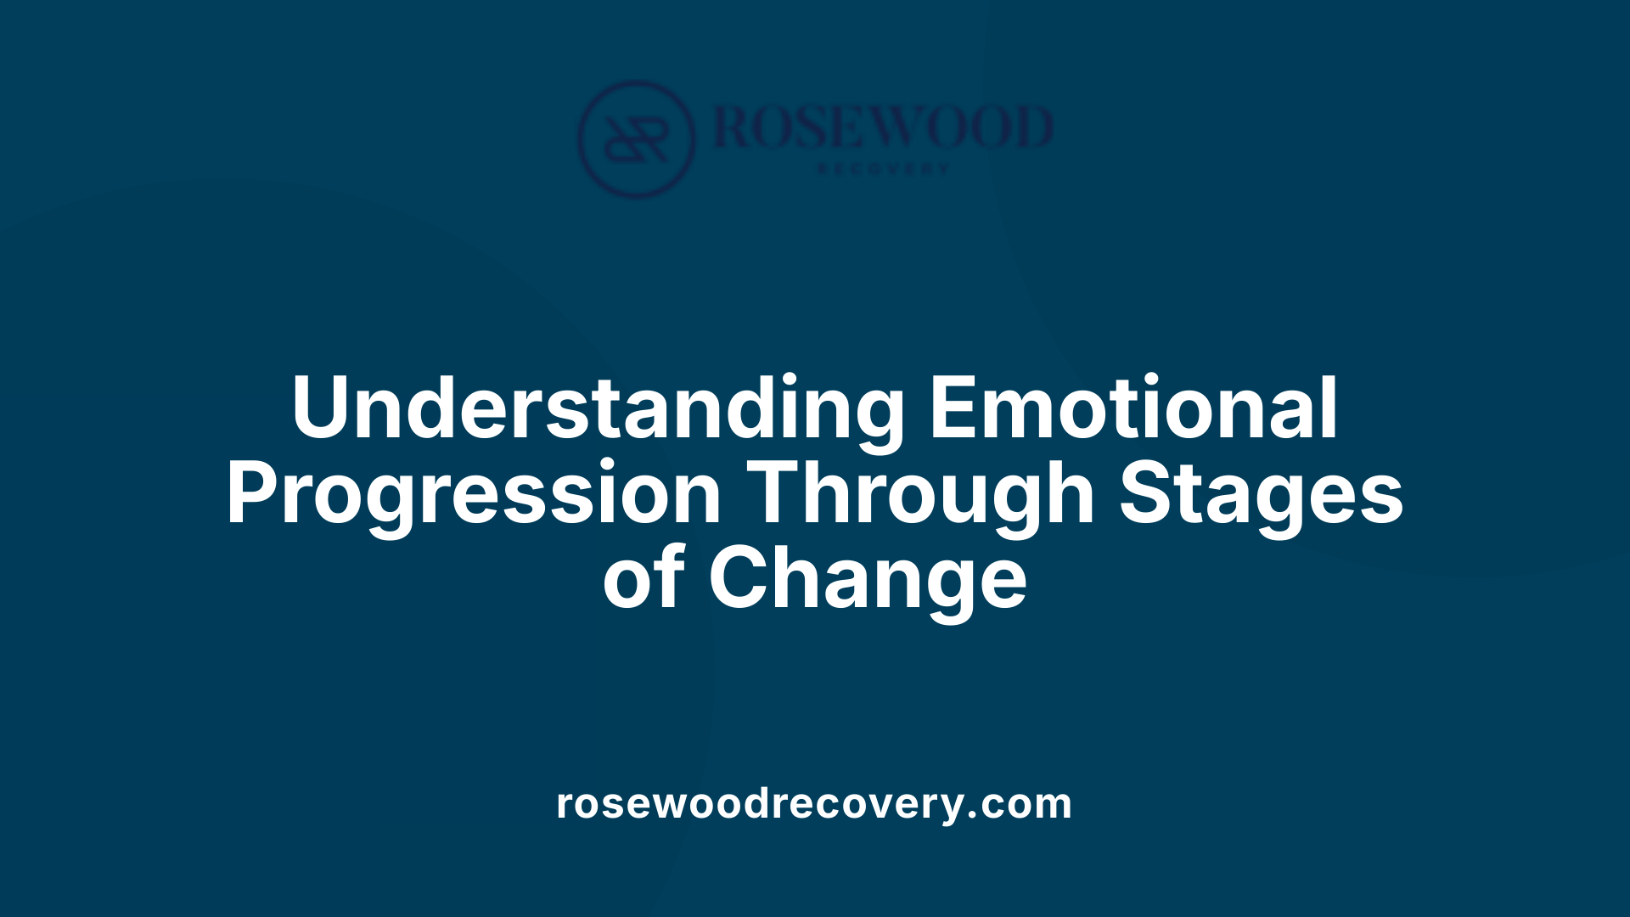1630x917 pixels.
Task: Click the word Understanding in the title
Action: (x=598, y=409)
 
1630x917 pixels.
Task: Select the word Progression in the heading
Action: (x=474, y=494)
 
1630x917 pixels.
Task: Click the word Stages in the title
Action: (x=1262, y=494)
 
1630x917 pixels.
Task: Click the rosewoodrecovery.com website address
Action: (x=813, y=803)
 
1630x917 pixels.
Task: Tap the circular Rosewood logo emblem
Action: (x=636, y=139)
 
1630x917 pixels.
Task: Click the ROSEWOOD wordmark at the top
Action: (x=883, y=127)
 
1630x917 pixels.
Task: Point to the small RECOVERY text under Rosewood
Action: (x=883, y=169)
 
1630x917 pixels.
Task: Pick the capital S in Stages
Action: (x=1146, y=494)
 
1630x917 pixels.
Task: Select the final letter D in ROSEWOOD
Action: (x=1031, y=127)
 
